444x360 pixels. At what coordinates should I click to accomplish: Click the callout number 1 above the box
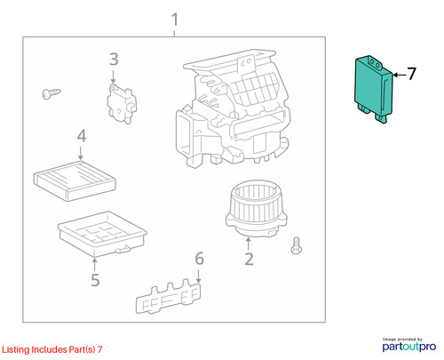point(175,20)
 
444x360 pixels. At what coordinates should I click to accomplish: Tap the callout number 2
point(249,259)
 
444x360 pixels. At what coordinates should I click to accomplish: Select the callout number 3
point(114,60)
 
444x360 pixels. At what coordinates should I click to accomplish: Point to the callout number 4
point(82,136)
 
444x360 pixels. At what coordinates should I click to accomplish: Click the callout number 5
point(95,280)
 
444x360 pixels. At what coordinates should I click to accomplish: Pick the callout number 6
point(199,259)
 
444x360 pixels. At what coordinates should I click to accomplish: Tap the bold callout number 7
point(411,74)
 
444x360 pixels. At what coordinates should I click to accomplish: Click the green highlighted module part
point(374,88)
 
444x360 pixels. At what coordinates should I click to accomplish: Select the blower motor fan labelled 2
point(257,208)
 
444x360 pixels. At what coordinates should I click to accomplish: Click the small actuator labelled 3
point(122,103)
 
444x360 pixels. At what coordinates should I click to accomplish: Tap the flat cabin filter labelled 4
point(75,181)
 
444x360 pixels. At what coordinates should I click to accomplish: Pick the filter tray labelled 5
point(102,234)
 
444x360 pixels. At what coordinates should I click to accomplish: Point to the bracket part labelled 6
point(168,296)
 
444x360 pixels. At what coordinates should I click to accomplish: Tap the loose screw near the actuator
point(52,93)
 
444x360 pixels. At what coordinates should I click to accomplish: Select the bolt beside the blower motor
point(296,245)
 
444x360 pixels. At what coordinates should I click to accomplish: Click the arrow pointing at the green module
point(400,75)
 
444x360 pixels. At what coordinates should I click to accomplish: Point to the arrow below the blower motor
point(248,244)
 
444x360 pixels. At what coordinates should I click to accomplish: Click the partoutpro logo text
point(409,347)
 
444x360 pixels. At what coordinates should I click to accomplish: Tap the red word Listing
point(16,349)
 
